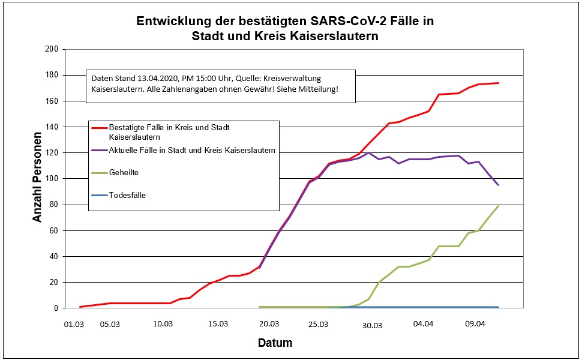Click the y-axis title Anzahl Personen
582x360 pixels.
coord(37,178)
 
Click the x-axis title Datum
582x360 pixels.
coord(275,343)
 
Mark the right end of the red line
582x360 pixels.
coord(499,83)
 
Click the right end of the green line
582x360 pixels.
coord(499,206)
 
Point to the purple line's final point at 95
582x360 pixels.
coord(499,185)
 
